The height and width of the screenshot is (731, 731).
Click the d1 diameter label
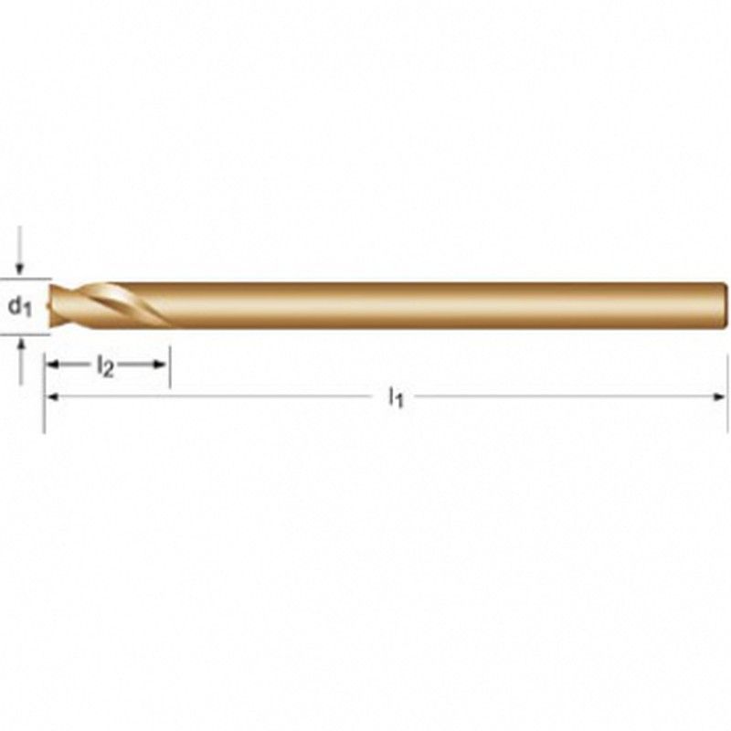[19, 306]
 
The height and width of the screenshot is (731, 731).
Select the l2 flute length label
[105, 366]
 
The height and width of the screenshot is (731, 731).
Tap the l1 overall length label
[396, 398]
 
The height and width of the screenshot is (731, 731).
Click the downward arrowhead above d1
[19, 269]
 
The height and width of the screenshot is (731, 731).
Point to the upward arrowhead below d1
[20, 344]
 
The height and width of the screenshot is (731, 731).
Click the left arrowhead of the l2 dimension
[52, 365]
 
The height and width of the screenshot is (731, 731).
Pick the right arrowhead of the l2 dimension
[160, 365]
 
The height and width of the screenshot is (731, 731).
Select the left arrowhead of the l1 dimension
[52, 397]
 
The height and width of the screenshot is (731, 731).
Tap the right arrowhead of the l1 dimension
[719, 397]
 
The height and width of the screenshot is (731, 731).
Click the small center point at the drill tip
[49, 306]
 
